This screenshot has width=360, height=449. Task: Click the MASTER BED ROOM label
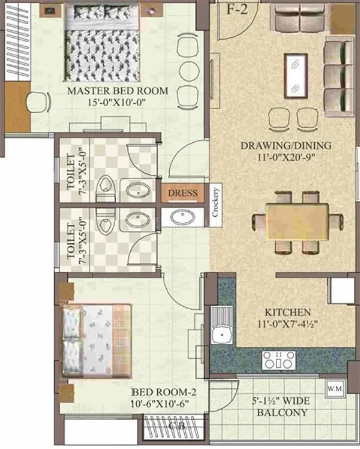click(117, 91)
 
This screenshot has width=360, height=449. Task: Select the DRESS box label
click(182, 193)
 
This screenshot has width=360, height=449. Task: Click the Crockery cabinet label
click(215, 203)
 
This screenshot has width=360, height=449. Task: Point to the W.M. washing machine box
click(334, 388)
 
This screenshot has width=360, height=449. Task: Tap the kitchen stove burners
click(278, 360)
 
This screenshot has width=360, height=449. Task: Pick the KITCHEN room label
click(289, 312)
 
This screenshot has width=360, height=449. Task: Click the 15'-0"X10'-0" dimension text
click(117, 103)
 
